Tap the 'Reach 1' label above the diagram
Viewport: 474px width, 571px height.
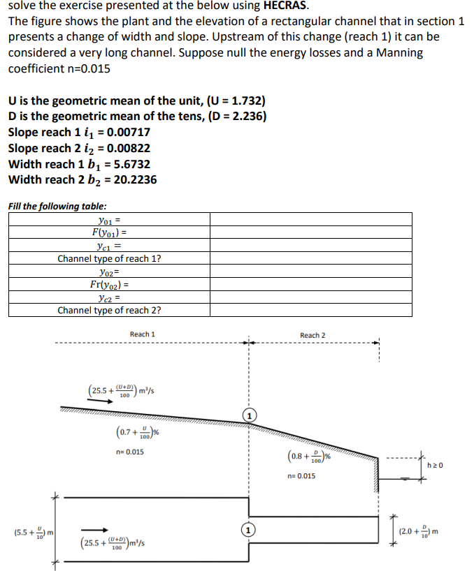142,334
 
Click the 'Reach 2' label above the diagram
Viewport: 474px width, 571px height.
313,336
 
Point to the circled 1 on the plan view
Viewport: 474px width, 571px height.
247,529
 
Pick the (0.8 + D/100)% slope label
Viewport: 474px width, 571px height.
308,458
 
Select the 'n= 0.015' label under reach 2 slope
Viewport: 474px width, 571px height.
301,476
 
